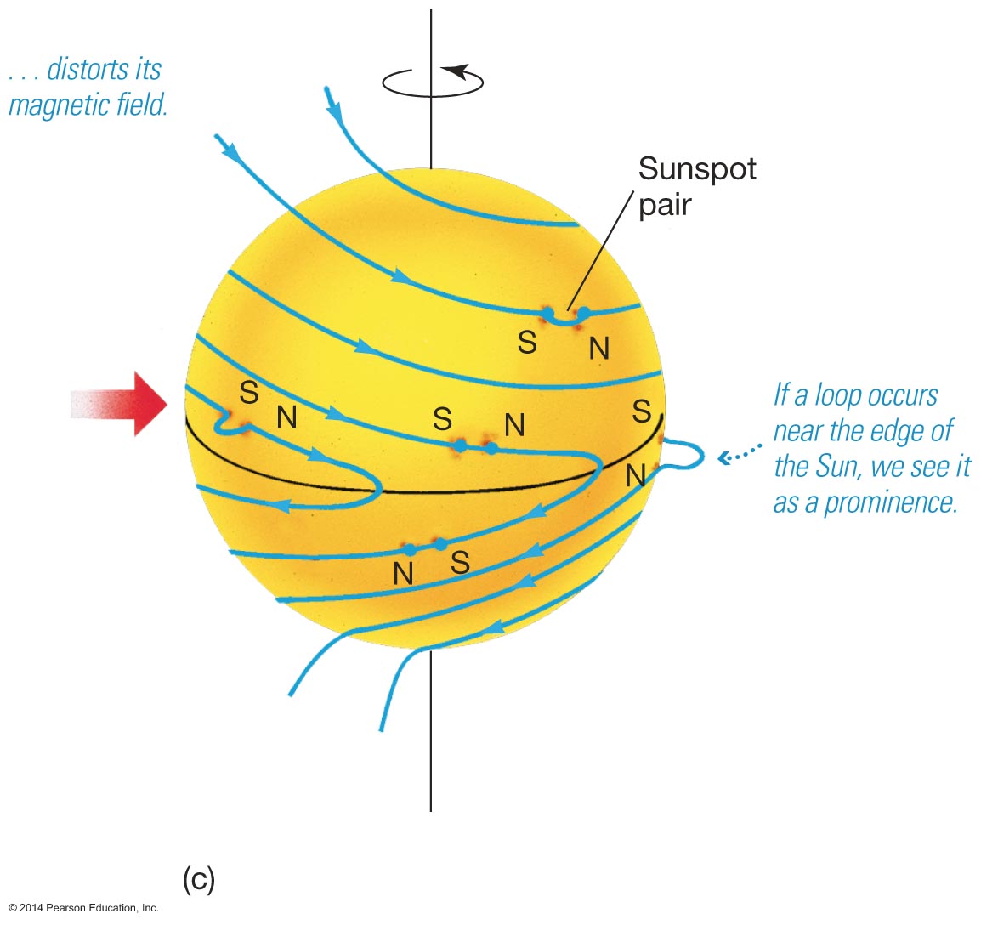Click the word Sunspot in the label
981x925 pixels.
[697, 169]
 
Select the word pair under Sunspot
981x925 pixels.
[665, 206]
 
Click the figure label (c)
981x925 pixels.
[199, 881]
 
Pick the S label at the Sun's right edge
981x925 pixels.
[642, 411]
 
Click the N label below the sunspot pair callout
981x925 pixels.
[599, 348]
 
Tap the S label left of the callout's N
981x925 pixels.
[528, 342]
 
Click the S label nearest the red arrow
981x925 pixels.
[248, 393]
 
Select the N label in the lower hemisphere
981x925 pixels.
[404, 574]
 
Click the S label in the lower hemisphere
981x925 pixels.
[460, 563]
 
